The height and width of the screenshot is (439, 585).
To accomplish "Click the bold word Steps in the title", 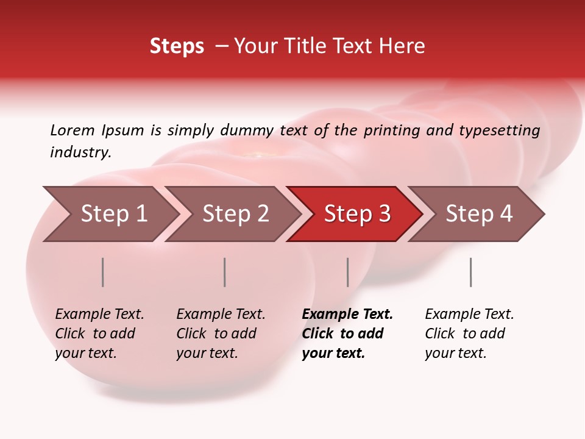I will tap(177, 46).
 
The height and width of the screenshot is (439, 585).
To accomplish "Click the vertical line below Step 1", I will tap(103, 272).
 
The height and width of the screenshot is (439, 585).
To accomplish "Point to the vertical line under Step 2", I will tap(225, 272).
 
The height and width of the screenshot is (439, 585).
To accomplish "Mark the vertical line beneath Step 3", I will tap(348, 272).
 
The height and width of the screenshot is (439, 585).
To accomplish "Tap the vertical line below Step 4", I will tap(471, 272).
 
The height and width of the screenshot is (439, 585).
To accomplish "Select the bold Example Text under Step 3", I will tap(347, 334).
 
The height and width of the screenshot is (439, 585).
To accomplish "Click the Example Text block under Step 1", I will tap(99, 334).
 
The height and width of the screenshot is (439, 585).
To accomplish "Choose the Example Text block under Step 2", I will tap(221, 334).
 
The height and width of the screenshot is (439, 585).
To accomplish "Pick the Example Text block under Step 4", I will tap(469, 334).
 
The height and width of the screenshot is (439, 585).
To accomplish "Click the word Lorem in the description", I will tap(73, 130).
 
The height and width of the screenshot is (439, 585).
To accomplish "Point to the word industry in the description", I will tap(80, 152).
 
